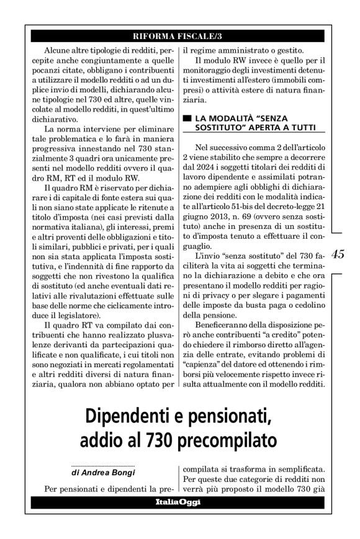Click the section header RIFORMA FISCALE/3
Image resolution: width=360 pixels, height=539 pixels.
(179, 35)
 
